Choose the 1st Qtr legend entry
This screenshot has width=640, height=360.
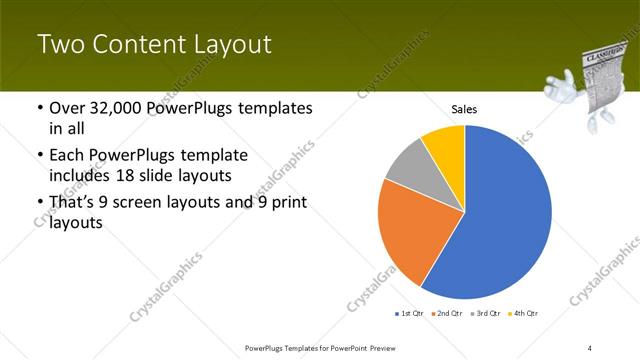click(x=411, y=314)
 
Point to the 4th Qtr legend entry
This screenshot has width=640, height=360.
click(x=524, y=314)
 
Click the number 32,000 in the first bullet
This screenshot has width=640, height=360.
click(x=118, y=108)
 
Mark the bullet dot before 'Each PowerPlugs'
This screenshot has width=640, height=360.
click(x=38, y=157)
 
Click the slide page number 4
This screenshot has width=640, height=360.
click(x=590, y=348)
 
